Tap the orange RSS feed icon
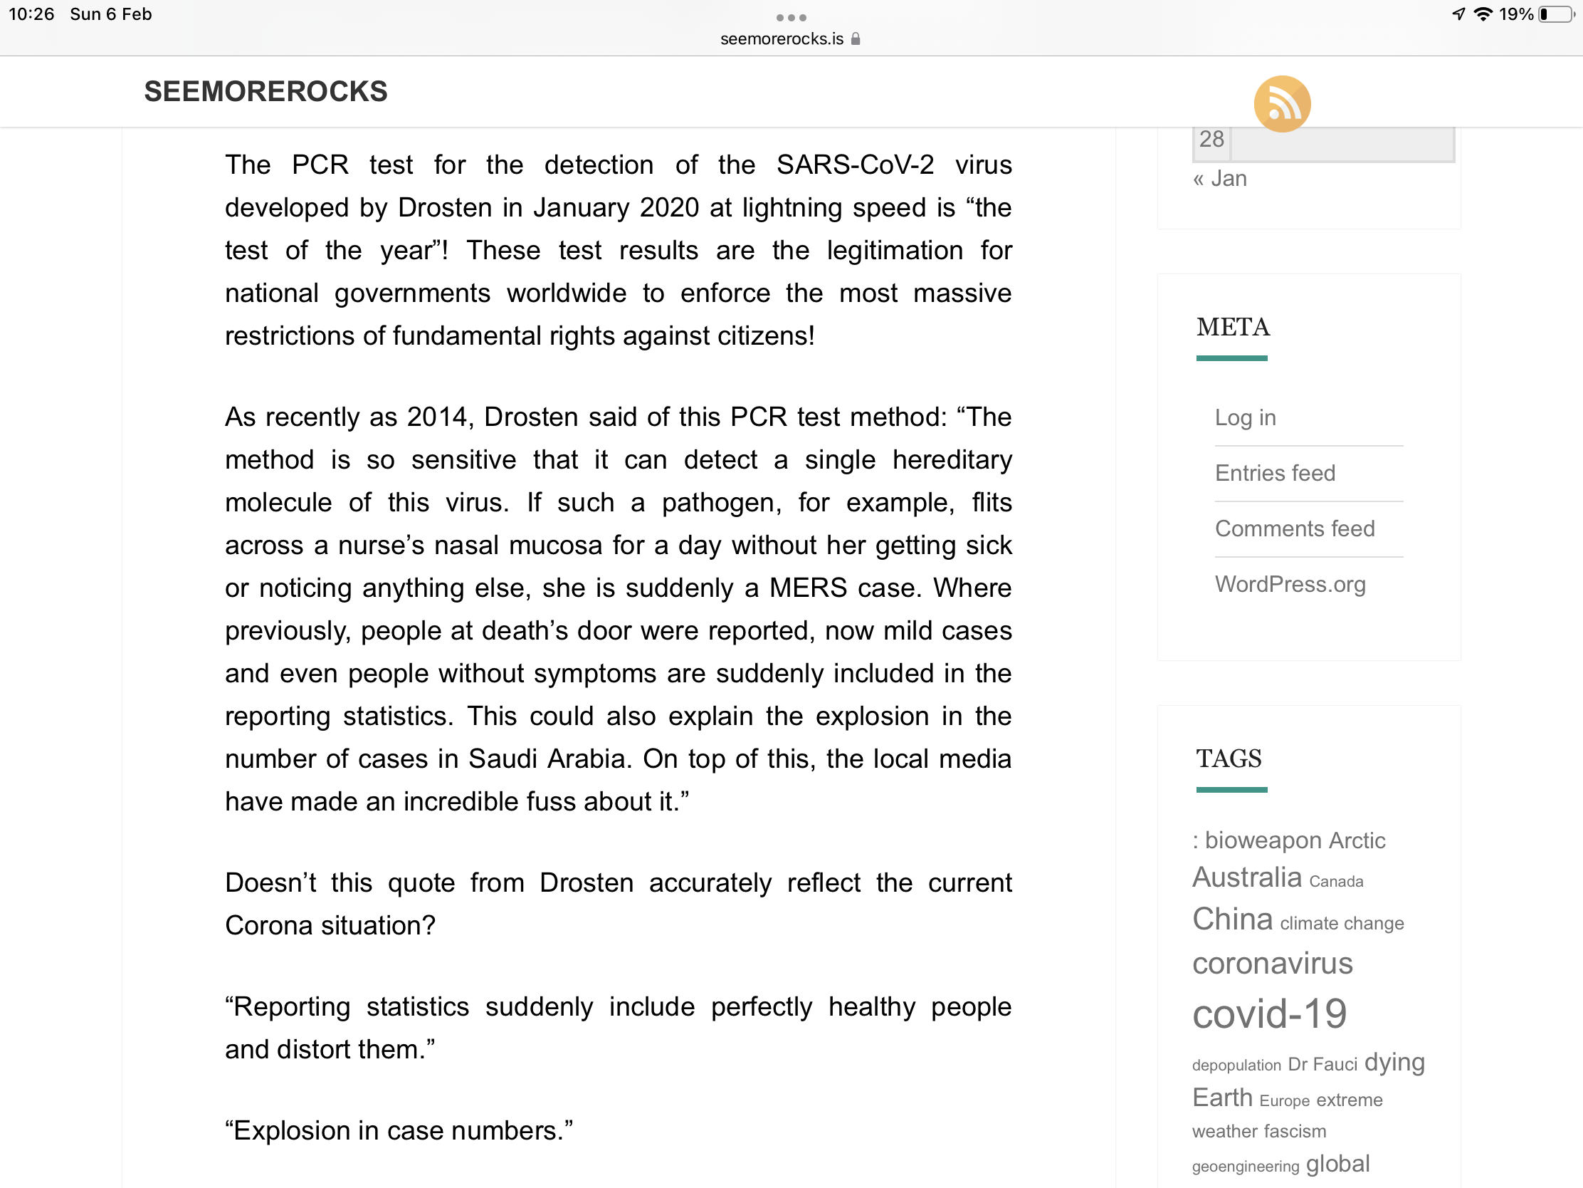pos(1281,104)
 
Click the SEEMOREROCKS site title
pos(265,92)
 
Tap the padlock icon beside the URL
pos(855,38)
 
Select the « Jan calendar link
pos(1219,178)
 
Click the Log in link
pos(1244,417)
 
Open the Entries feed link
pos(1275,473)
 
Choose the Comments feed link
pos(1294,528)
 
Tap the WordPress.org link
pos(1290,584)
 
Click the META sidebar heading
pos(1232,327)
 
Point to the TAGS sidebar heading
pos(1228,759)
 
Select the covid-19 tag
pos(1269,1014)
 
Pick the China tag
pos(1231,919)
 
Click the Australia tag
pos(1246,877)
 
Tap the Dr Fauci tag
pos(1322,1065)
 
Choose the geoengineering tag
pos(1244,1167)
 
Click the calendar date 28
pos(1211,139)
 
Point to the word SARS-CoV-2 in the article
pos(854,165)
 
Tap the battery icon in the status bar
pos(1556,14)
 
